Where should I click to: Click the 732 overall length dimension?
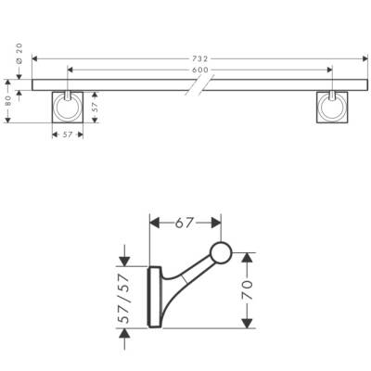point(201,58)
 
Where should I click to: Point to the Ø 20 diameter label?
point(19,58)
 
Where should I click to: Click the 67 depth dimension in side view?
point(185,223)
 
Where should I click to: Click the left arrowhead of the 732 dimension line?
point(35,58)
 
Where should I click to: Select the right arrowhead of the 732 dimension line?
point(365,58)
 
